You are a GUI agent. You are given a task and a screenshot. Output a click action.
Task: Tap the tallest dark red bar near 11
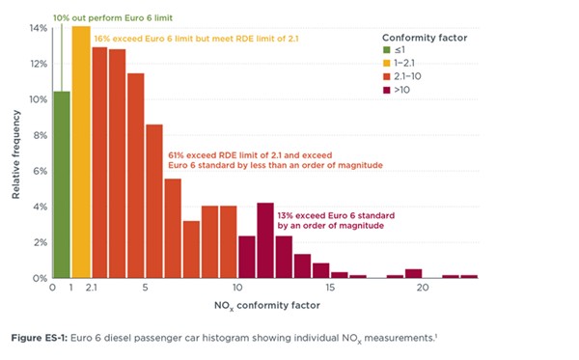(265, 240)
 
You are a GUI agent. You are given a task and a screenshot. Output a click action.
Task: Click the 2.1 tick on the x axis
(90, 288)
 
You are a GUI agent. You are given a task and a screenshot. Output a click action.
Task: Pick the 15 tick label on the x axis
(331, 288)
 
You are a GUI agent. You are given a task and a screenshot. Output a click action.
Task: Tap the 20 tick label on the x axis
(423, 288)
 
